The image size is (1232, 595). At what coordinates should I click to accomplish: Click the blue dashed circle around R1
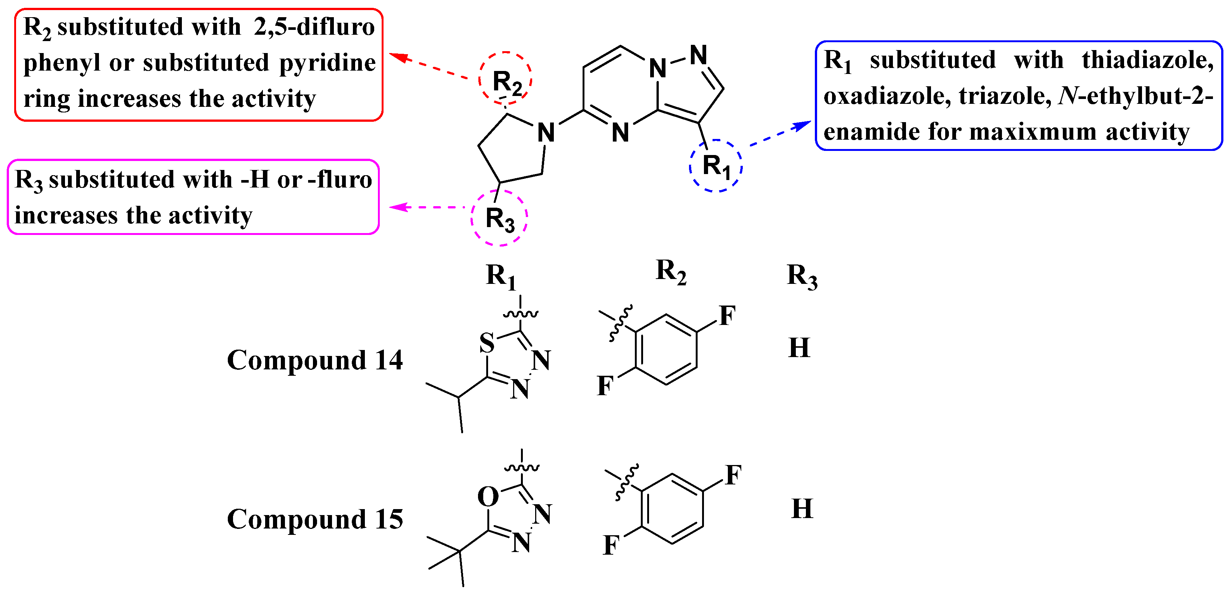point(716,165)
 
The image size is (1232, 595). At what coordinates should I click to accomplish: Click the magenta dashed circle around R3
point(499,218)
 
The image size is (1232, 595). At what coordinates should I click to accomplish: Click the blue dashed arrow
point(779,134)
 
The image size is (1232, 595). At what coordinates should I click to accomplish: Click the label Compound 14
point(315,360)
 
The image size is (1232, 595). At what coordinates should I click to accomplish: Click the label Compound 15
point(315,520)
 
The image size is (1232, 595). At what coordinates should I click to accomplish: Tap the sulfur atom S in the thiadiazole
point(487,343)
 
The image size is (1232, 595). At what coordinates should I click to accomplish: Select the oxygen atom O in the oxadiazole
point(488,496)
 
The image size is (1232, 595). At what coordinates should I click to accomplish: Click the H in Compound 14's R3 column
point(799,348)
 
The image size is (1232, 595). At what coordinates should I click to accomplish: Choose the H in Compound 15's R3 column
point(802,508)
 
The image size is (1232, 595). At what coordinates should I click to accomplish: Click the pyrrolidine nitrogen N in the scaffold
point(546,133)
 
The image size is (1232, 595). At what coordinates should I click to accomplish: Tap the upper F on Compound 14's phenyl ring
point(727,316)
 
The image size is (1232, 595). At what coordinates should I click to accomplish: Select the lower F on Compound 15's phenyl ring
point(611,545)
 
